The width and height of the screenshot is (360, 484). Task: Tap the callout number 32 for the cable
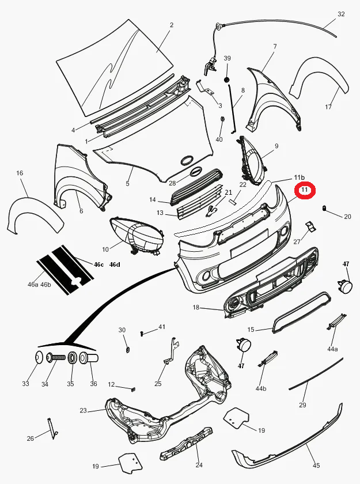[x=341, y=14]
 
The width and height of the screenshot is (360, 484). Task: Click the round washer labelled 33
[x=39, y=358]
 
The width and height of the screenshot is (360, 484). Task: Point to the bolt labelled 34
[x=55, y=358]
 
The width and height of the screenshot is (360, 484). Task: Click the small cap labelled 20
[x=325, y=208]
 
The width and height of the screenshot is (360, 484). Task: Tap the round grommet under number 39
[x=227, y=79]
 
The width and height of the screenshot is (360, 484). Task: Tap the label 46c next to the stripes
[x=98, y=264]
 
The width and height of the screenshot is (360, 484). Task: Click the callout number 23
[x=83, y=410]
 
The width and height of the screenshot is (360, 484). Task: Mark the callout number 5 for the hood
[x=127, y=184]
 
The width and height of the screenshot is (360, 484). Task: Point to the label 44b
[x=261, y=388]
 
